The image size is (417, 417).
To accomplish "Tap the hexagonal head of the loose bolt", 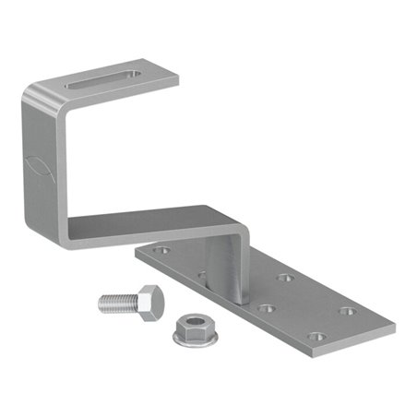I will point(150,300).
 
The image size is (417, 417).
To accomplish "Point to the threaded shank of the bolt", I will point(118,301).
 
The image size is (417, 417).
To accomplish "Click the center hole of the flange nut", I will point(192,325).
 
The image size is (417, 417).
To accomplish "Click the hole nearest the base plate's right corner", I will point(348,311).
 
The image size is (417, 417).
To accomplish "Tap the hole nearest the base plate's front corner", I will point(316,338).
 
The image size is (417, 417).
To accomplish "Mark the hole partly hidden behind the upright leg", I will point(201,274).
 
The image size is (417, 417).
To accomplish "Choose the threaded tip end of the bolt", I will point(100,302).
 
